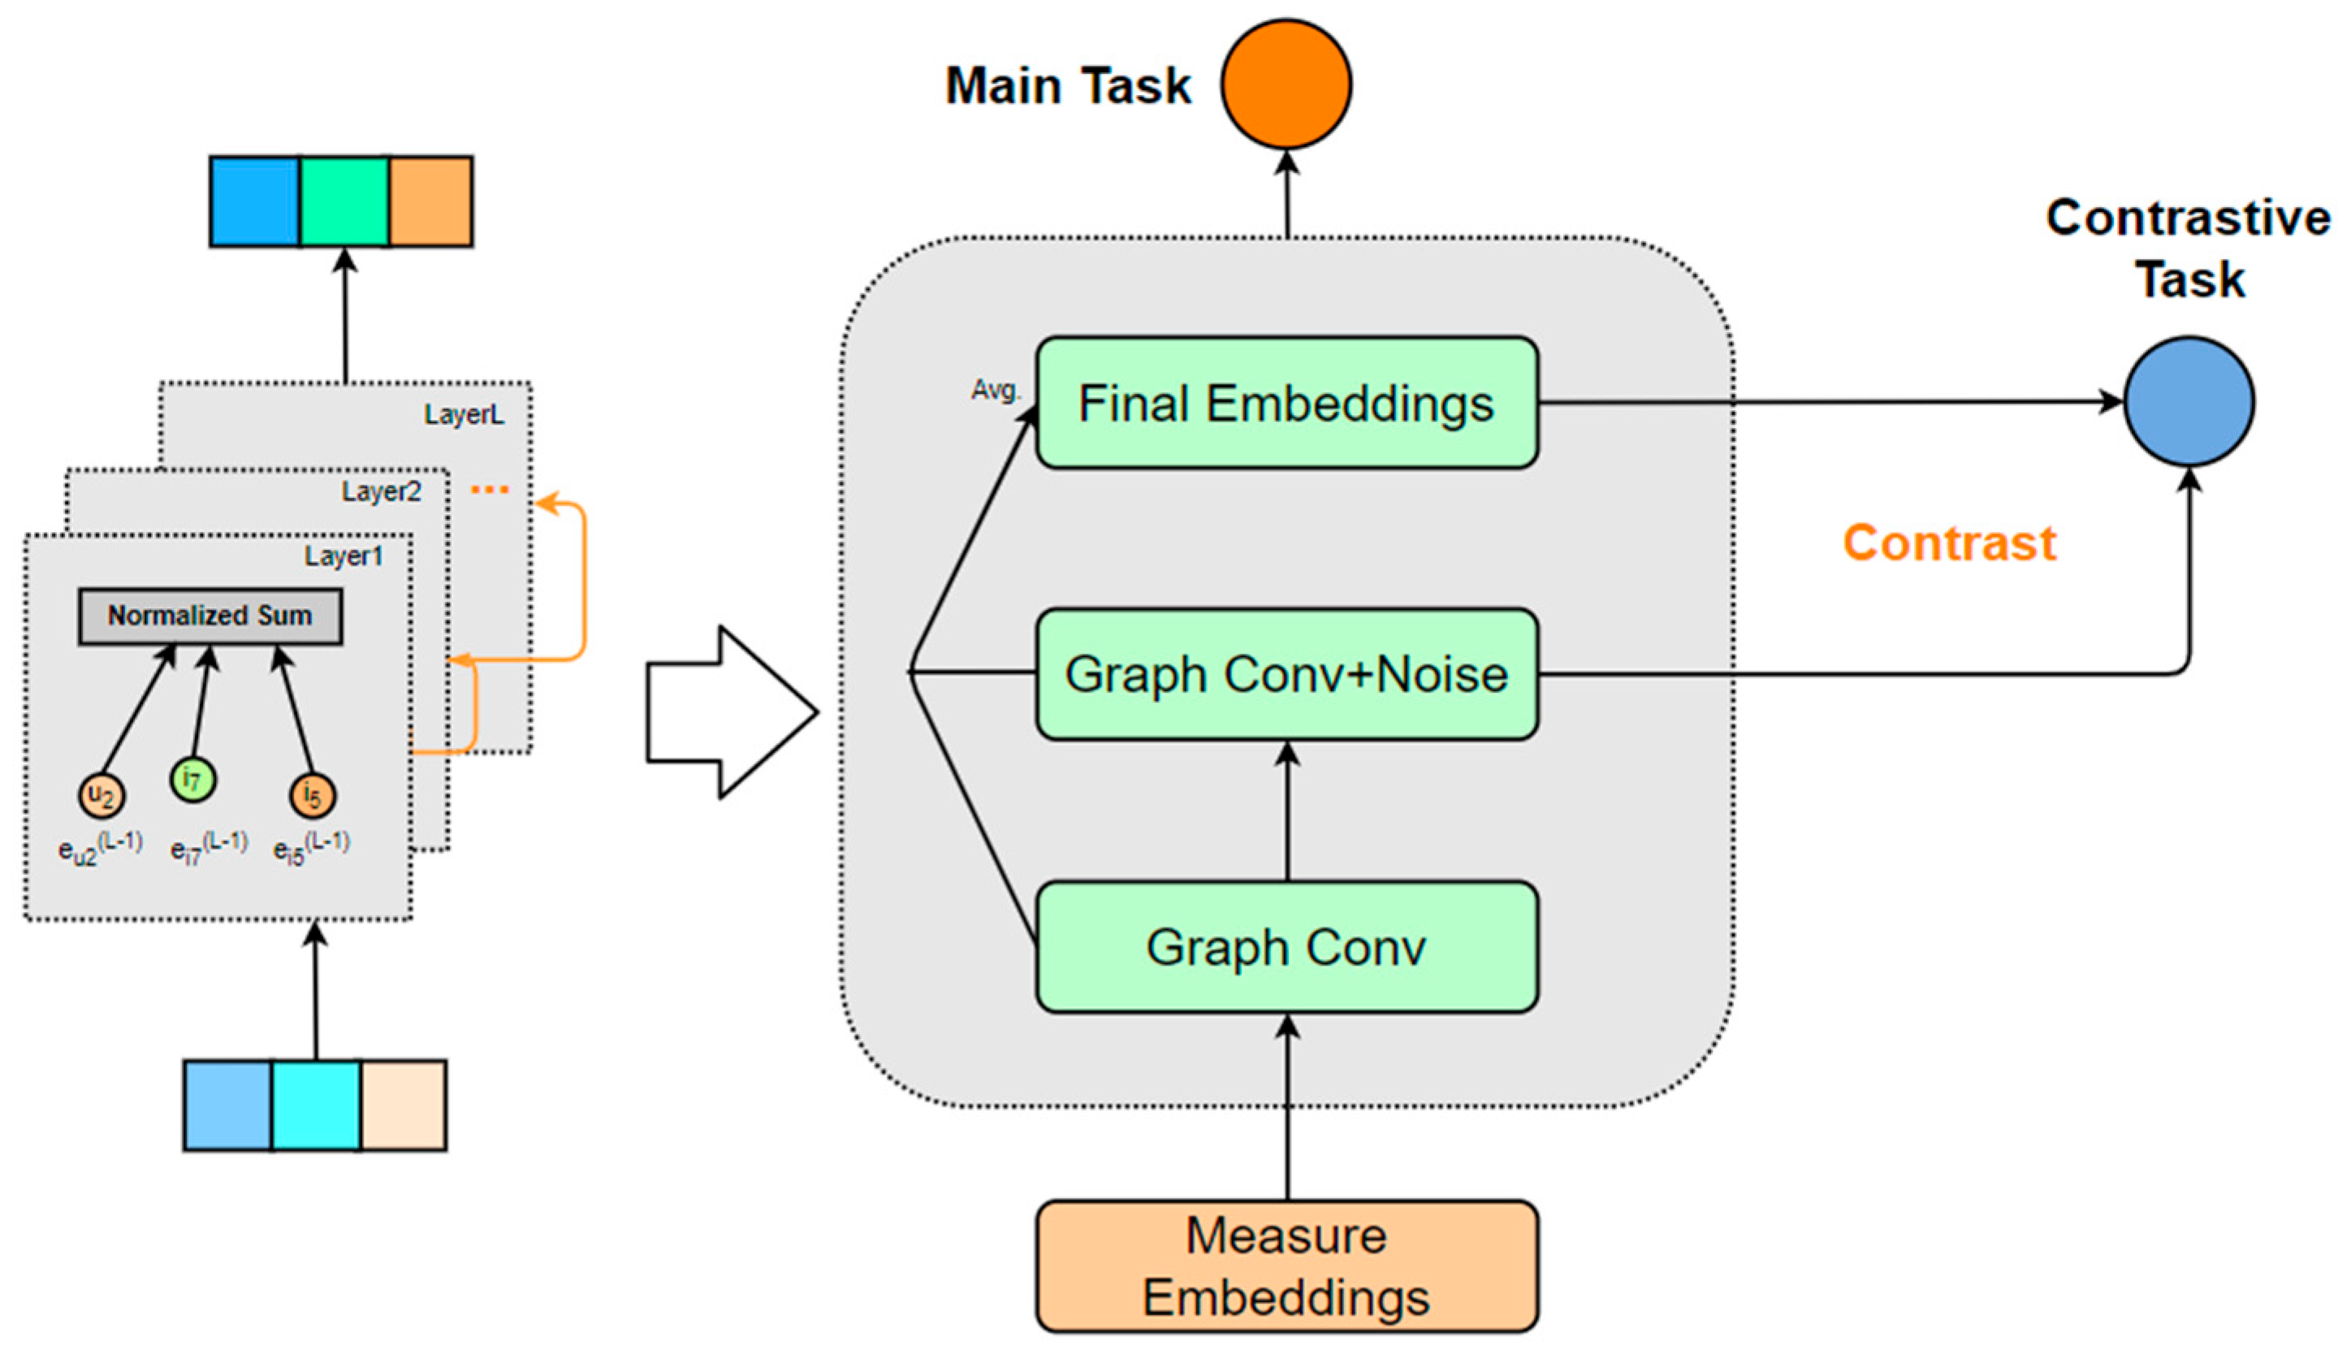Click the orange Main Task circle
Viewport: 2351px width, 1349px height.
pyautogui.click(x=1286, y=84)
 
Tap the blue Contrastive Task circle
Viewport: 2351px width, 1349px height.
pyautogui.click(x=2189, y=401)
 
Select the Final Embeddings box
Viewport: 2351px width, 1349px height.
pyautogui.click(x=1286, y=403)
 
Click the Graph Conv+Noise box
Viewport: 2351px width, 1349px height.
pyautogui.click(x=1286, y=673)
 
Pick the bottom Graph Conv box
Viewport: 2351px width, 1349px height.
pyautogui.click(x=1286, y=946)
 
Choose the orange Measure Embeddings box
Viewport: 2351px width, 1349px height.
pyautogui.click(x=1286, y=1265)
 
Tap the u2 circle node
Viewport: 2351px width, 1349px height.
pyautogui.click(x=101, y=795)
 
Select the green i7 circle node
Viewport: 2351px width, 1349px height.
pyautogui.click(x=192, y=779)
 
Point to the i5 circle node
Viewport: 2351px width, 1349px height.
pyautogui.click(x=312, y=795)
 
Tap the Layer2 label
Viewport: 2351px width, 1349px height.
pyautogui.click(x=381, y=491)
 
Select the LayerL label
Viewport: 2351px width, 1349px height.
pyautogui.click(x=464, y=414)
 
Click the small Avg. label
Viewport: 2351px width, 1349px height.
pyautogui.click(x=995, y=390)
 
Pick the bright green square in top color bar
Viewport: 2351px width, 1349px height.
pyautogui.click(x=344, y=201)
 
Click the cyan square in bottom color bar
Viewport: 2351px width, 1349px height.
pyautogui.click(x=316, y=1105)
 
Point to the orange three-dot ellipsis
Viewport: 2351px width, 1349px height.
pyautogui.click(x=489, y=489)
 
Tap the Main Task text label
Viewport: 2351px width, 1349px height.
pyautogui.click(x=1067, y=86)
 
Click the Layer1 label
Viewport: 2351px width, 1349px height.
pyautogui.click(x=344, y=556)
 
